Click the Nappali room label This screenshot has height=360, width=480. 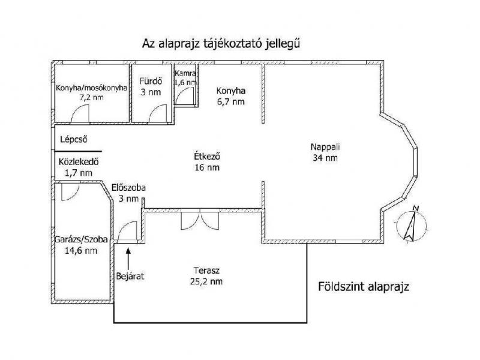click(325, 147)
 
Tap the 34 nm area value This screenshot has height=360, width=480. click(325, 158)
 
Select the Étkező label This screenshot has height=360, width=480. click(207, 157)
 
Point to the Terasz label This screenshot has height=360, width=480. click(206, 271)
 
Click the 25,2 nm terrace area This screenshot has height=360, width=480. click(206, 281)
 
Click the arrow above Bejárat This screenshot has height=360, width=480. click(128, 259)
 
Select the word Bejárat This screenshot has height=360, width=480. click(130, 276)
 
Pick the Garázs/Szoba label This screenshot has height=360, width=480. click(81, 239)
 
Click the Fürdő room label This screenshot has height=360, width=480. click(151, 81)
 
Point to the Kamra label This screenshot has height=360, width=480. click(185, 73)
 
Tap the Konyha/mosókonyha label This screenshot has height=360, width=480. click(92, 88)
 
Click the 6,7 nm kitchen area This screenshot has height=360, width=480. click(231, 101)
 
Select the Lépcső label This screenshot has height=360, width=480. click(74, 140)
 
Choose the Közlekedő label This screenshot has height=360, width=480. click(79, 161)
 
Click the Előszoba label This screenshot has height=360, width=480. click(128, 187)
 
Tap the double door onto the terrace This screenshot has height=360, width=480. click(200, 220)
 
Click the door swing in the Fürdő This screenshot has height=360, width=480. click(158, 113)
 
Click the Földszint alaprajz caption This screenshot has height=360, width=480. click(364, 287)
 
